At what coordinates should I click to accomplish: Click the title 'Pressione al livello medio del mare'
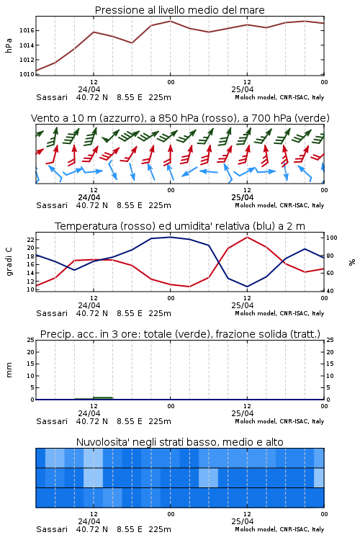179,10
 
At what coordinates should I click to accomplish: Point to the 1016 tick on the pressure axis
27,31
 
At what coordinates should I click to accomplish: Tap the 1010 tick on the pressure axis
27,74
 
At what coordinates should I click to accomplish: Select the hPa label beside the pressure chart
9,45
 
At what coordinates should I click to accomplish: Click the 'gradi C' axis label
9,261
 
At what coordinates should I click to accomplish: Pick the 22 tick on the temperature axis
31,239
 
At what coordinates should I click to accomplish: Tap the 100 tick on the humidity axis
332,238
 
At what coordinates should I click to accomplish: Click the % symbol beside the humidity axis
352,262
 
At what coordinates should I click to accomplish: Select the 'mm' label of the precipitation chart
9,369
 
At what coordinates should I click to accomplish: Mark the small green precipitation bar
94,398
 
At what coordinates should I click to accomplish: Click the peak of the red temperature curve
247,238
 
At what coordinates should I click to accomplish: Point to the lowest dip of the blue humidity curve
247,287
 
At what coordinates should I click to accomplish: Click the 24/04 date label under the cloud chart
89,521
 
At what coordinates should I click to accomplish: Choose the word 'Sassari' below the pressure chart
52,97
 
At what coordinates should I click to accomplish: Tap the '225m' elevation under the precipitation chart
160,421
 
